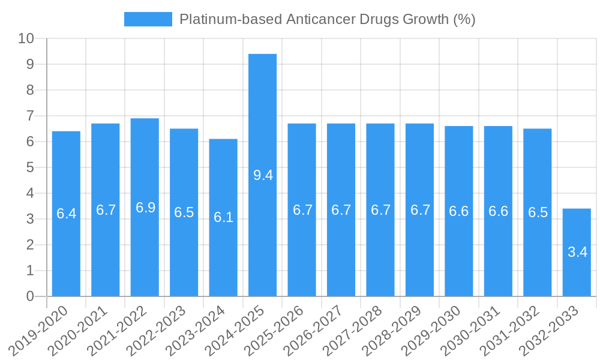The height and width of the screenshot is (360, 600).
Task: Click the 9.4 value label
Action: coord(263,175)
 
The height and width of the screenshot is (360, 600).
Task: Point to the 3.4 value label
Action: coord(577,252)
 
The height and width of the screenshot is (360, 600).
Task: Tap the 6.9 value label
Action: coord(145,208)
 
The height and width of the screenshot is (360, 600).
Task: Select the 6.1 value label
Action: coord(223,217)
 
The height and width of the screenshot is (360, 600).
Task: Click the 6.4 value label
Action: coord(66,214)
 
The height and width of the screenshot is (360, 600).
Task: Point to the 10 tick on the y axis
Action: coord(26,38)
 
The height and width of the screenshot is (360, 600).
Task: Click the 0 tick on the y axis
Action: coord(30,296)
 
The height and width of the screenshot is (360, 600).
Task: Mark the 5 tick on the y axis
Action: coord(30,167)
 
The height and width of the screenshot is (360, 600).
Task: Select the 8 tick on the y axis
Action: coord(30,90)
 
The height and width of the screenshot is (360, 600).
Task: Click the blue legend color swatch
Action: coord(148,19)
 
